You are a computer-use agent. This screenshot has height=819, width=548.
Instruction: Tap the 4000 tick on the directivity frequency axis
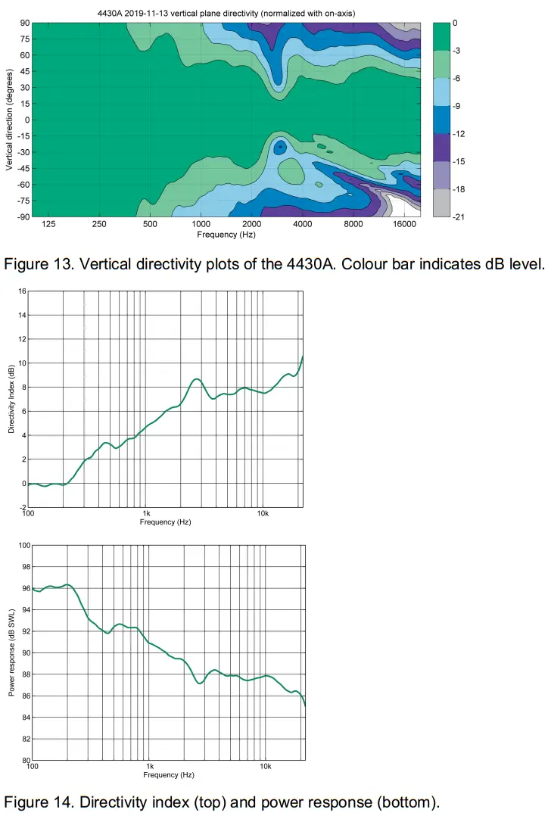click(x=303, y=225)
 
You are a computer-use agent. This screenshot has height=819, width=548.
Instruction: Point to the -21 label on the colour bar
click(x=457, y=217)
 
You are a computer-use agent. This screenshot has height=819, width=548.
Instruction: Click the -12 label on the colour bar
click(x=457, y=134)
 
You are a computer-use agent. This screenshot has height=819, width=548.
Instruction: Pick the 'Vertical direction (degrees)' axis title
click(x=9, y=120)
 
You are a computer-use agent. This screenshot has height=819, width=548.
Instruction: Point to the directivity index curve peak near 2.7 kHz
click(x=196, y=378)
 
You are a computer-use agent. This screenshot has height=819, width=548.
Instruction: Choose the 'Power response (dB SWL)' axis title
click(x=11, y=652)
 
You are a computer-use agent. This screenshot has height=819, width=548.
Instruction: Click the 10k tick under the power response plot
click(x=266, y=767)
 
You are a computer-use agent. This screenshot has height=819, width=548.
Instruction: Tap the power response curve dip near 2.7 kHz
click(x=200, y=683)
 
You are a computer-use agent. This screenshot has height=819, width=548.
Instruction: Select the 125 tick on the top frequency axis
click(x=49, y=225)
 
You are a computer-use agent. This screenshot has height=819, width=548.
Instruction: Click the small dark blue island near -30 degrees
click(x=280, y=148)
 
